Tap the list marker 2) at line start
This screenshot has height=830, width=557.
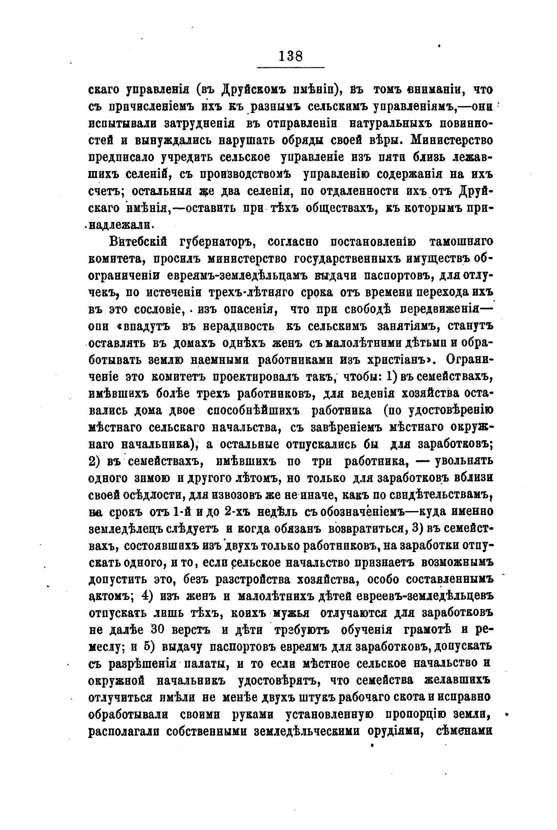point(96,461)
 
